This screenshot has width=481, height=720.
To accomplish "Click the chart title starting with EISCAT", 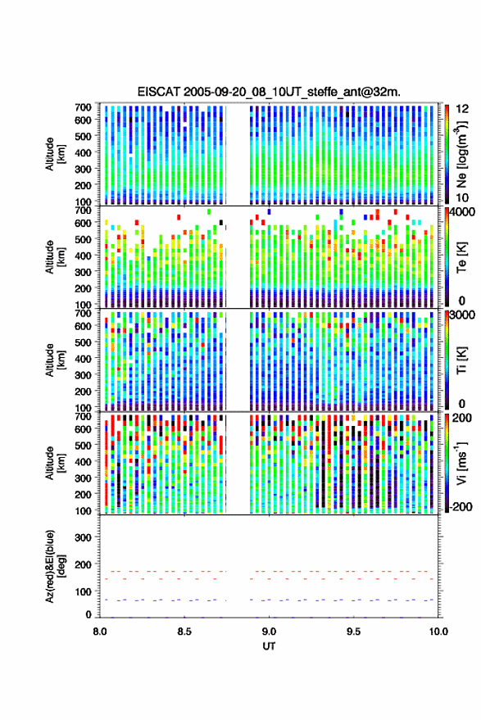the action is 269,92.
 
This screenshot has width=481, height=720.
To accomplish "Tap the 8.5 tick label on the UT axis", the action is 184,632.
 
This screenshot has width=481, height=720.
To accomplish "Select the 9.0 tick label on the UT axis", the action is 269,632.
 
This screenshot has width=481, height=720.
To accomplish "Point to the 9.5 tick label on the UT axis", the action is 353,632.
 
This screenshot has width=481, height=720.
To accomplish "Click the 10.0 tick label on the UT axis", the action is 438,632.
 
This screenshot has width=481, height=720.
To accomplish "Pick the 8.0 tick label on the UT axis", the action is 100,632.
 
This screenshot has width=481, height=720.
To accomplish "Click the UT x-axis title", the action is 269,646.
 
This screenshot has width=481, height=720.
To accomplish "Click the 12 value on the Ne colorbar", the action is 462,109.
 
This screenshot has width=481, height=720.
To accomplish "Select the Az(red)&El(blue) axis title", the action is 55,567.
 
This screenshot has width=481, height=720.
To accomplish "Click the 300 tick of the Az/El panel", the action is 83,537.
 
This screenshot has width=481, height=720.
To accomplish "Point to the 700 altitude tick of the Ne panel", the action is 83,107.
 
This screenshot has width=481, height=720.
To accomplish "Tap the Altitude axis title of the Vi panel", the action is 55,463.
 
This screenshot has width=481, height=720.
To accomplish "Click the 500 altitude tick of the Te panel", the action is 83,239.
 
